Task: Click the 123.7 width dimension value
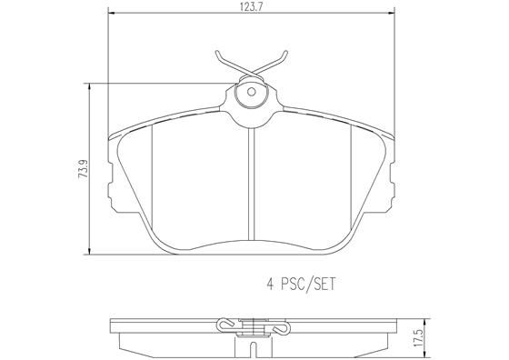click(251, 7)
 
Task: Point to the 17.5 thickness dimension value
click(418, 339)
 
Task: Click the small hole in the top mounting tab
click(251, 92)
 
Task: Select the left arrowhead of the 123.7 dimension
click(112, 13)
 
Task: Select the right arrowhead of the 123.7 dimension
click(391, 13)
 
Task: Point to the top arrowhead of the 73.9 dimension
click(89, 87)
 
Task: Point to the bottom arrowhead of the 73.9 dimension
click(89, 250)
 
